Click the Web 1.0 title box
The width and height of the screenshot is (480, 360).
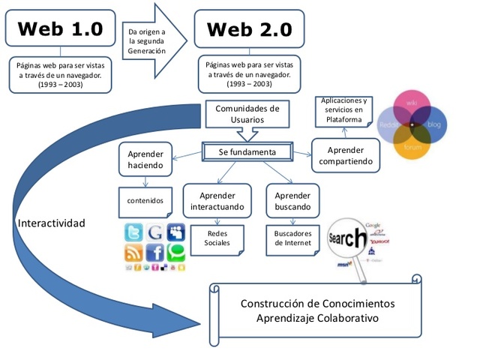click(59, 28)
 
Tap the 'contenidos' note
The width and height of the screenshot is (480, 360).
click(145, 201)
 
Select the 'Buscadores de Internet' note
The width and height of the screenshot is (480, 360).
click(292, 238)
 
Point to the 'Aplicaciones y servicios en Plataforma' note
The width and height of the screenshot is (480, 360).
click(344, 111)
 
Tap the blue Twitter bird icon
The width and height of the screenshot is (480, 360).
click(133, 232)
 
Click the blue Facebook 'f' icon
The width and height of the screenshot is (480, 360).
click(155, 253)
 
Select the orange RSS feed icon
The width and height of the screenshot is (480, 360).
click(133, 253)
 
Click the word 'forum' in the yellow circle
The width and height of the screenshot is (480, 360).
click(412, 148)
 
